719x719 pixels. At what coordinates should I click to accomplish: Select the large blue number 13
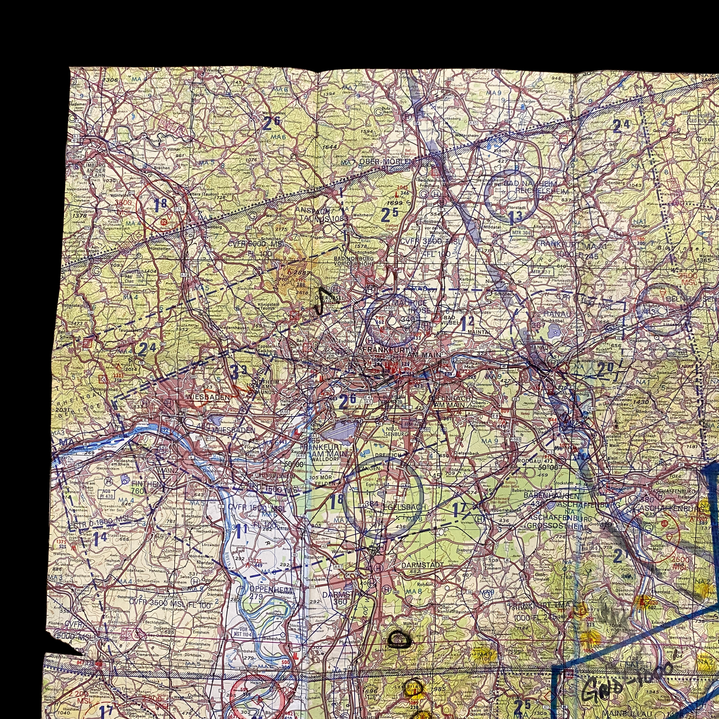tap(515, 216)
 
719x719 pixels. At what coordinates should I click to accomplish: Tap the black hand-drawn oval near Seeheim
tap(399, 639)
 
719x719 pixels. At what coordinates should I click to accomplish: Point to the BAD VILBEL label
tap(449, 320)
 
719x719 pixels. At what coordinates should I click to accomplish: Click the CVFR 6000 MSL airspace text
tap(257, 244)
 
